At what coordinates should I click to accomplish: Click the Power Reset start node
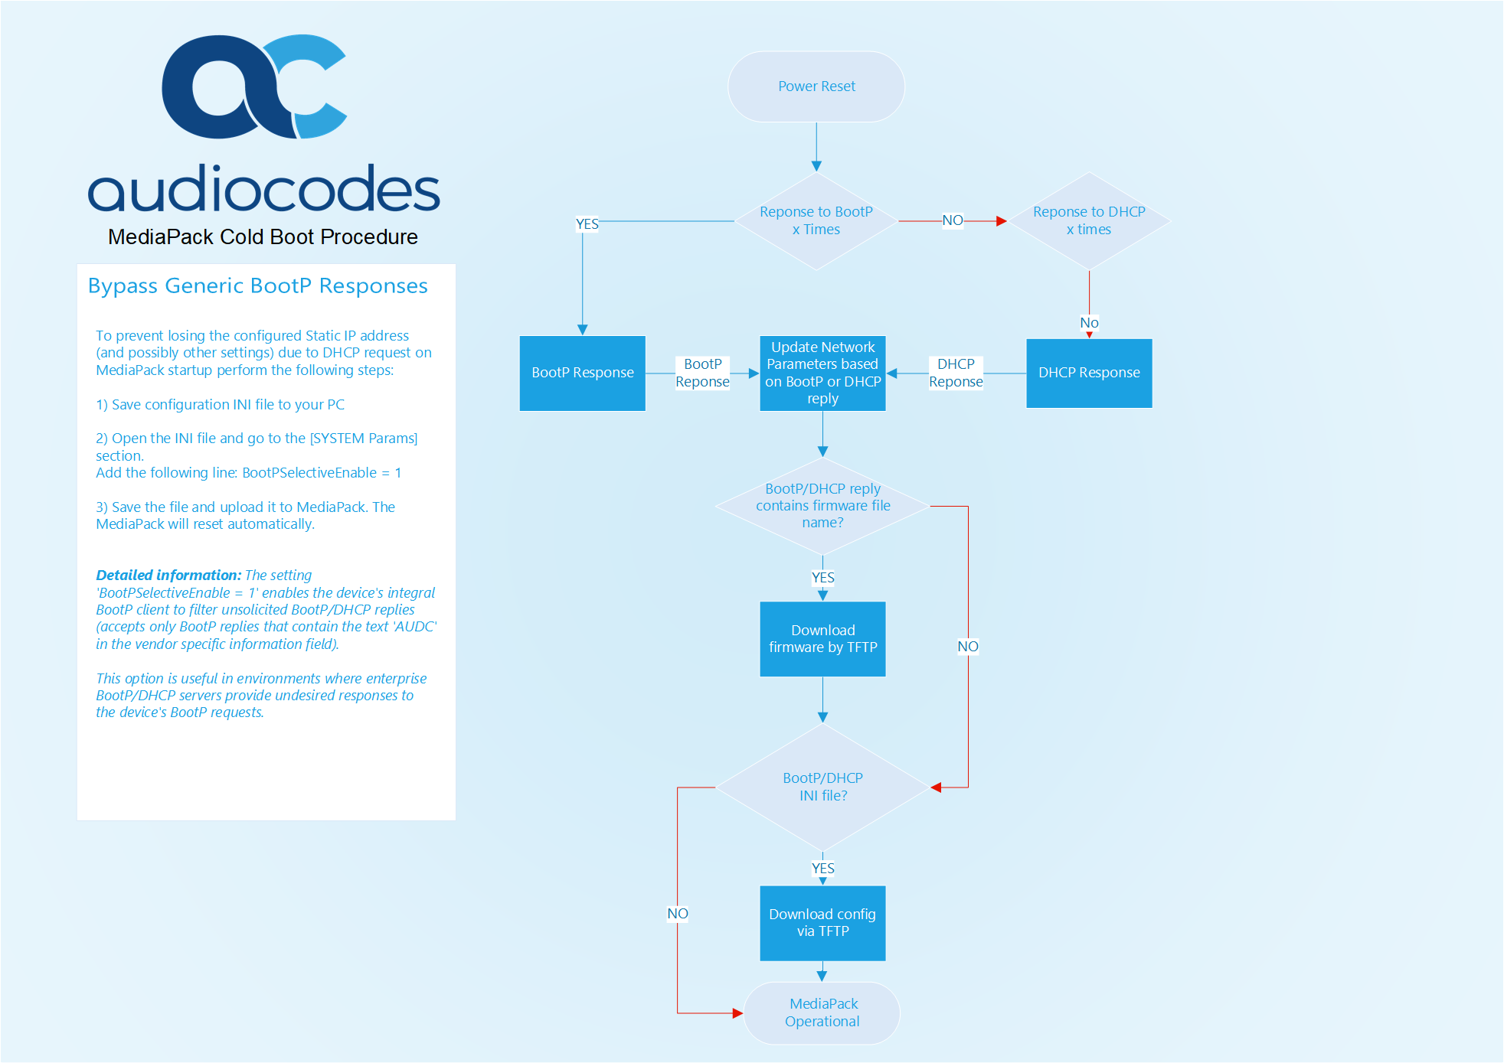816,86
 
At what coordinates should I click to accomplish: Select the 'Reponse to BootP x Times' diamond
816,220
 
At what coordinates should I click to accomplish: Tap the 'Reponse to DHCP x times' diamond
1089,220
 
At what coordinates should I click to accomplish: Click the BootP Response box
583,373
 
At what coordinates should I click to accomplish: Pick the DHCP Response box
1089,373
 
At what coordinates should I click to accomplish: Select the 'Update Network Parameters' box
822,373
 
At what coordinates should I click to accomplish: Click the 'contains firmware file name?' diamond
822,506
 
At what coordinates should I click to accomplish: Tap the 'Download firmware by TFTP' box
822,639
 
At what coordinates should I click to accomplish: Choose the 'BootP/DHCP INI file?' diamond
822,787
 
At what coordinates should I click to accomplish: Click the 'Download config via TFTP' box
822,923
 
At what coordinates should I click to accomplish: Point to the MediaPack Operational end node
822,1012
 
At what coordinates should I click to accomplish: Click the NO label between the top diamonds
953,220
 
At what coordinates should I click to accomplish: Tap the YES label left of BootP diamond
587,224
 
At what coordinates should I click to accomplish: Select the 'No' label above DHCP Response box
1089,323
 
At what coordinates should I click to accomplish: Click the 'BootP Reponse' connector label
702,373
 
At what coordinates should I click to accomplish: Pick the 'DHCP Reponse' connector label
956,373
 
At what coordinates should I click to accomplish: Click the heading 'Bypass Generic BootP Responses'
258,285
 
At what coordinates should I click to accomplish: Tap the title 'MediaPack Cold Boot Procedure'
263,237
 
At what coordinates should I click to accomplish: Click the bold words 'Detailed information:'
168,576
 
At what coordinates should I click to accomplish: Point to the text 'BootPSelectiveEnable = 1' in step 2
322,473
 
